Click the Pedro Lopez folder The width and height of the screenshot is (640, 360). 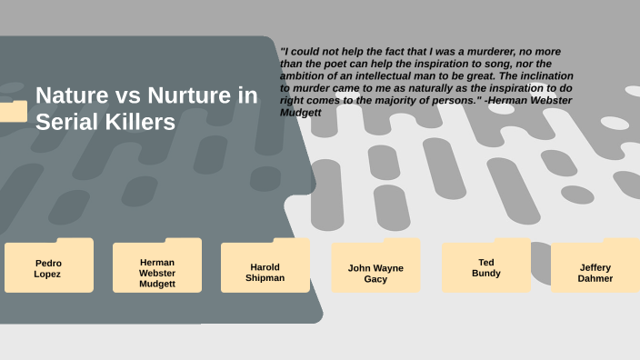pyautogui.click(x=48, y=267)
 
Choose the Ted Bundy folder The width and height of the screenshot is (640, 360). pyautogui.click(x=486, y=267)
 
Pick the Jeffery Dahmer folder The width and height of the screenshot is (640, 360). pyautogui.click(x=595, y=272)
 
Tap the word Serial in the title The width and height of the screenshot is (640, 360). pyautogui.click(x=65, y=123)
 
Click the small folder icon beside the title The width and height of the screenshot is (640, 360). pyautogui.click(x=13, y=111)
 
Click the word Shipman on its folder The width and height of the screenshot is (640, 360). pyautogui.click(x=265, y=277)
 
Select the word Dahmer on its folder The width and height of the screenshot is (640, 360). pyautogui.click(x=595, y=278)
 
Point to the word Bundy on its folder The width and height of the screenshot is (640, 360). pyautogui.click(x=486, y=273)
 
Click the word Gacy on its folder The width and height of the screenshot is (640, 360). pyautogui.click(x=375, y=279)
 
